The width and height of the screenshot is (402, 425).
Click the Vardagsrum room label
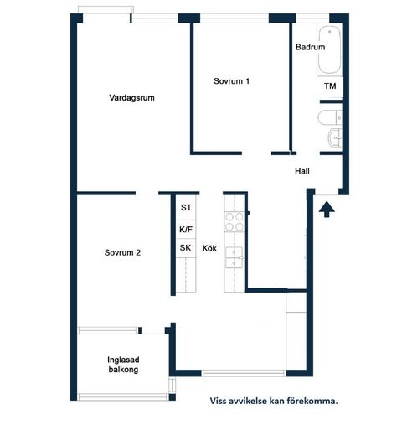coord(131,98)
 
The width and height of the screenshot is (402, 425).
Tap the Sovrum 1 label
coord(231,81)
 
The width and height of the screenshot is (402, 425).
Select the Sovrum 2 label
coord(122,252)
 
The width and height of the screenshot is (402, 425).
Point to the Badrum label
coord(310,48)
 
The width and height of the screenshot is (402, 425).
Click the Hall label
coord(302,171)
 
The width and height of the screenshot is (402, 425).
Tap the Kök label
coord(209,248)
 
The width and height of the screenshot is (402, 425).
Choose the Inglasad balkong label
coord(122,365)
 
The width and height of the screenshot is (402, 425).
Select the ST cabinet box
coord(185,207)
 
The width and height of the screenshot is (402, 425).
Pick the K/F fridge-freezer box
coord(185,228)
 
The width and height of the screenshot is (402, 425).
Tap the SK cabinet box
coord(185,248)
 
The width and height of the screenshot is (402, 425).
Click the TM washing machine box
coord(330,86)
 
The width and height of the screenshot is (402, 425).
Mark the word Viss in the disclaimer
coord(220,402)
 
